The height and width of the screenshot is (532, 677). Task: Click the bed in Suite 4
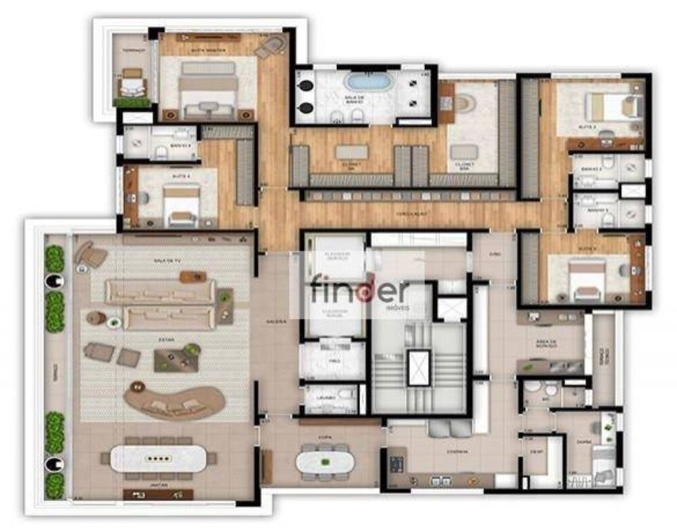(181, 203)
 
